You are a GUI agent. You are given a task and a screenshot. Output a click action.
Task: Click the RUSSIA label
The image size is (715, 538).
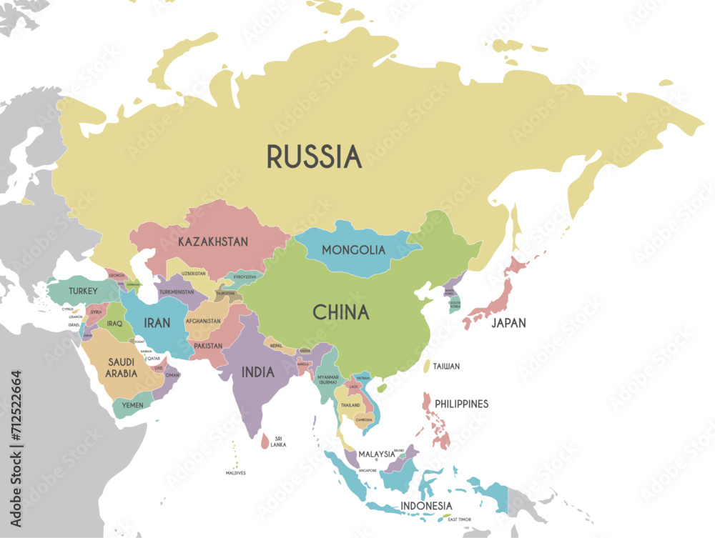coord(314,156)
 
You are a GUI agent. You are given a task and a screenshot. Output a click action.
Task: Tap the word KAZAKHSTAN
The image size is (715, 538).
coord(213,241)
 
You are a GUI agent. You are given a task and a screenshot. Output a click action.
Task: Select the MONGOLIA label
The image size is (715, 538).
coord(353,250)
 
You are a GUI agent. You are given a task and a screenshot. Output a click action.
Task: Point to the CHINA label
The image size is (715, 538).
coord(341,312)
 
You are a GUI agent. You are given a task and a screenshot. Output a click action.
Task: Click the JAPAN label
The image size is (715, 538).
coord(508,323)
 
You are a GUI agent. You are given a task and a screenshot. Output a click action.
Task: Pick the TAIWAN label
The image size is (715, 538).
coord(445,366)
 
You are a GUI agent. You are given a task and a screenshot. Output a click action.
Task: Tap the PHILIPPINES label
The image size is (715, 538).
coord(461,404)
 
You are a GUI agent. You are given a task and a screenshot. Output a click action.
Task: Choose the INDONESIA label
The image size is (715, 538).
coord(427,506)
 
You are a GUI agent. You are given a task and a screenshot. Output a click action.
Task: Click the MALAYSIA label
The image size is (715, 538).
coord(377,454)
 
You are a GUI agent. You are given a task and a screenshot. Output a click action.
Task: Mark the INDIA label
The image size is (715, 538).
coord(257,372)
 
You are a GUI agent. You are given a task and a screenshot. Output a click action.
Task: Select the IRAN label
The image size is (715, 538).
coord(157,323)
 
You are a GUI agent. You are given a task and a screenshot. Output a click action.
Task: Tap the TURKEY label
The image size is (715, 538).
coord(83,291)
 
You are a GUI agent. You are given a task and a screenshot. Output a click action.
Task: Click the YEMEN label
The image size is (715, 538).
coord(132,405)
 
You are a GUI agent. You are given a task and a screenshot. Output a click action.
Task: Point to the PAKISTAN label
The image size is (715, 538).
coord(208,346)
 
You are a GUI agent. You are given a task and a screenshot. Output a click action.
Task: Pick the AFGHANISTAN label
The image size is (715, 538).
coord(203,321)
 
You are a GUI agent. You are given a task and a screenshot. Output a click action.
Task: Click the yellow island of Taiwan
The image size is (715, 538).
coord(427,366)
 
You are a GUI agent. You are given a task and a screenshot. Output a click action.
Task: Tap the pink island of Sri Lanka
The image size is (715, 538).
coord(265,443)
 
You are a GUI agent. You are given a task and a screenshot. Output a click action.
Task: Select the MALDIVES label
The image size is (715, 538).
coord(236,472)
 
